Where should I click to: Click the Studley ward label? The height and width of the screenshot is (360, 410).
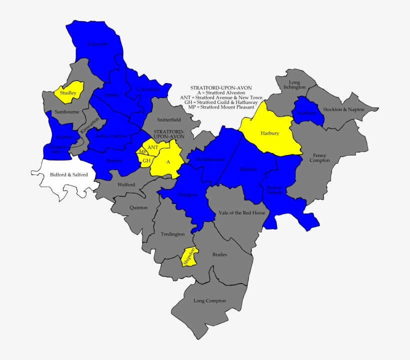click(68, 92)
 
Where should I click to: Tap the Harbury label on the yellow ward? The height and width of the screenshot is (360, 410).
click(269, 133)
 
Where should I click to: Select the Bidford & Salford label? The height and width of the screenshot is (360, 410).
click(69, 174)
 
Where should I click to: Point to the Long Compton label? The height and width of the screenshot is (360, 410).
click(209, 300)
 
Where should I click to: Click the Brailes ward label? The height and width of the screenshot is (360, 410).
click(219, 254)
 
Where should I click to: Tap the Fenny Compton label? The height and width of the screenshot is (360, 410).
click(321, 157)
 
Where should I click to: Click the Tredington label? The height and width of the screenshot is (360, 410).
click(172, 233)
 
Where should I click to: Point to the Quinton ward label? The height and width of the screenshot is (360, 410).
click(138, 207)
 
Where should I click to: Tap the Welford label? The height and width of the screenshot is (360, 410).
click(126, 184)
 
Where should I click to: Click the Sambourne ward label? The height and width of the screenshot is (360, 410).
click(66, 112)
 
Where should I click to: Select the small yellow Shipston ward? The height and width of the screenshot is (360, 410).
click(189, 256)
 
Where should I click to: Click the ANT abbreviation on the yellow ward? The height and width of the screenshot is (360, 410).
click(152, 147)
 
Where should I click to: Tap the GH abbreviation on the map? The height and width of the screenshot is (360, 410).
click(146, 160)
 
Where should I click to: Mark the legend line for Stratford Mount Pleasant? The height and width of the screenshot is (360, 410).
click(219, 107)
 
